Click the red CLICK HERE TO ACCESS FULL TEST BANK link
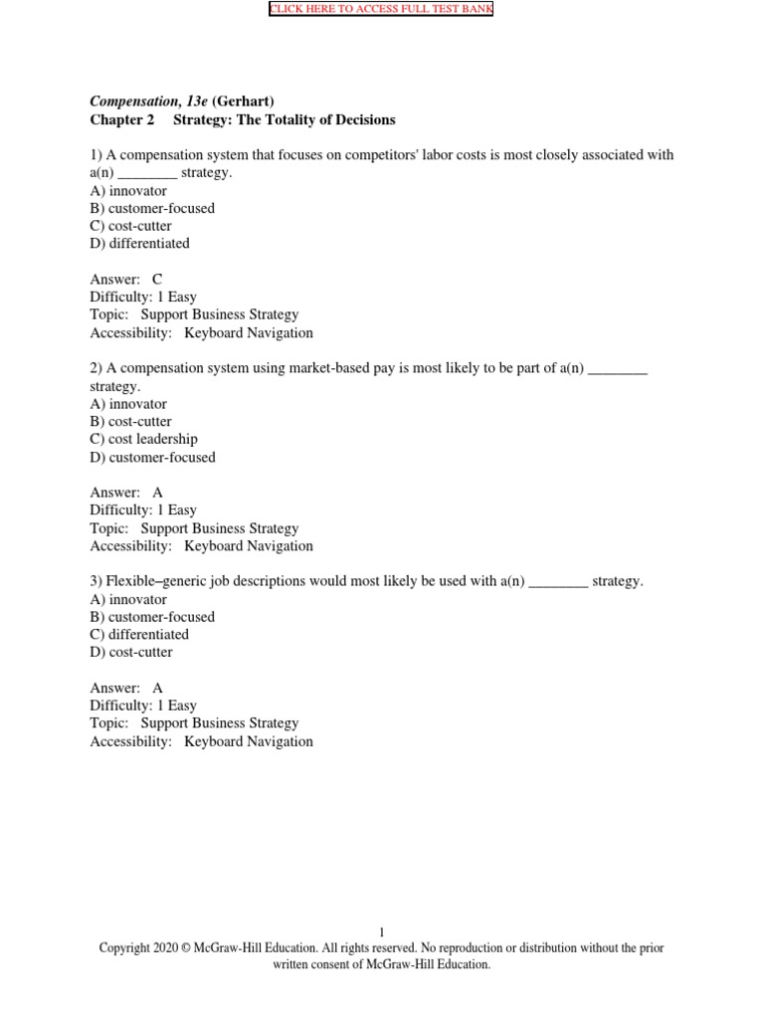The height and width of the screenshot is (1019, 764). (381, 10)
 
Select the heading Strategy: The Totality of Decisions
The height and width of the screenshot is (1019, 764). (285, 119)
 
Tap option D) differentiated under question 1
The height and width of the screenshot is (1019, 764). (139, 243)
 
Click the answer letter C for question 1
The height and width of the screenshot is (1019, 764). (157, 280)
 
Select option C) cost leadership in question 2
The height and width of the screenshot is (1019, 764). (143, 439)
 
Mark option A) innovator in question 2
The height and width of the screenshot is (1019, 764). (128, 404)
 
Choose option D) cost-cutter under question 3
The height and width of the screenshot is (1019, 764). (130, 652)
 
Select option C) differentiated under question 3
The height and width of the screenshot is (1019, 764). (139, 634)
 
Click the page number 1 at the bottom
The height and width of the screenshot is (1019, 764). (381, 932)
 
